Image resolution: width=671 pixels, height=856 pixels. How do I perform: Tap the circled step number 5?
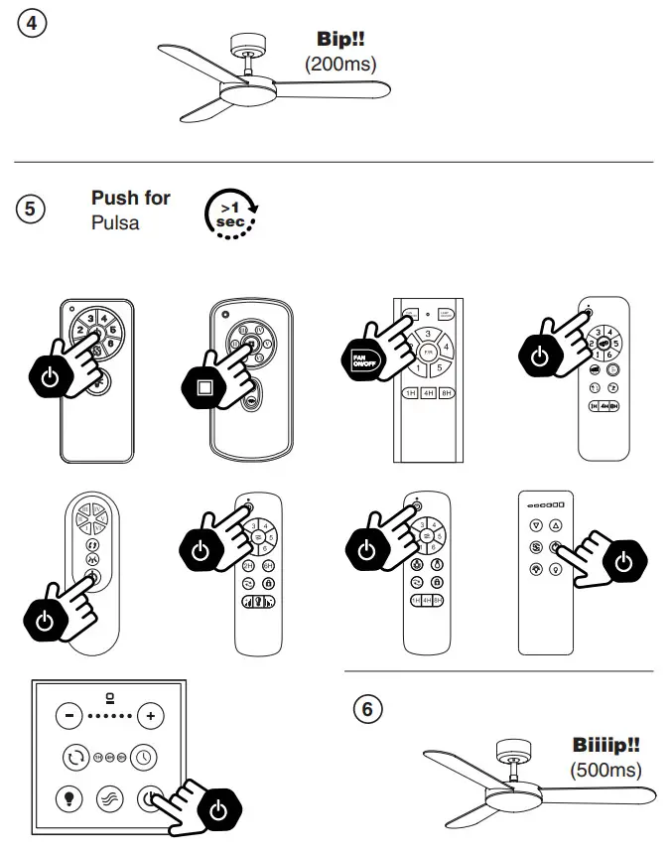[31, 210]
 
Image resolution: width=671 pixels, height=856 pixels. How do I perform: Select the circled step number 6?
[367, 709]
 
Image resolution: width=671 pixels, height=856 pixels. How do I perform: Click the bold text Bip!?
[340, 41]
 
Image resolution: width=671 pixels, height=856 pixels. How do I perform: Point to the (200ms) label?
[340, 64]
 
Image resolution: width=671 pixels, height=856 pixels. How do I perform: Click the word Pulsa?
[115, 222]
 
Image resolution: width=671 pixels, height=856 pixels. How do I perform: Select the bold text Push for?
[130, 198]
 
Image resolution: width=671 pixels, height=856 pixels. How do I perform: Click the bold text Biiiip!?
[605, 745]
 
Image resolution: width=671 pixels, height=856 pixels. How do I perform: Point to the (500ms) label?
[605, 770]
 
